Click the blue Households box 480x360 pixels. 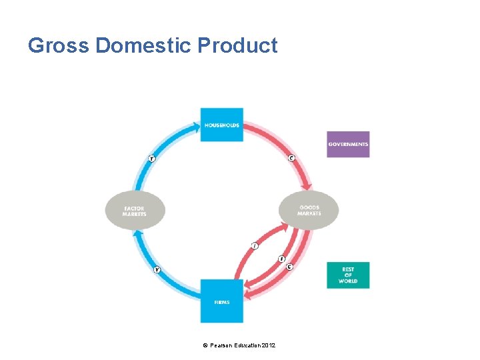tap(222, 125)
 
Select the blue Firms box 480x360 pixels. tap(222, 301)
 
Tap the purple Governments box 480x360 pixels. tap(348, 144)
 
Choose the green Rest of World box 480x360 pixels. tap(348, 275)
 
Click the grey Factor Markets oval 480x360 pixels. tap(135, 211)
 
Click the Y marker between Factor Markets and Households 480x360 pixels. tap(152, 158)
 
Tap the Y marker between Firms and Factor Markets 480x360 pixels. tap(157, 269)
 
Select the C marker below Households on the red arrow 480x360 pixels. tap(291, 158)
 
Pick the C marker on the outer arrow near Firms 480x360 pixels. tap(289, 267)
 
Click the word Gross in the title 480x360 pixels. tap(59, 45)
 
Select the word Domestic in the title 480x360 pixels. tap(145, 45)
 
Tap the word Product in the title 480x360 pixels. tap(238, 45)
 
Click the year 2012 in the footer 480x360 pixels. tap(269, 345)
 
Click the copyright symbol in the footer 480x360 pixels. tap(205, 345)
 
